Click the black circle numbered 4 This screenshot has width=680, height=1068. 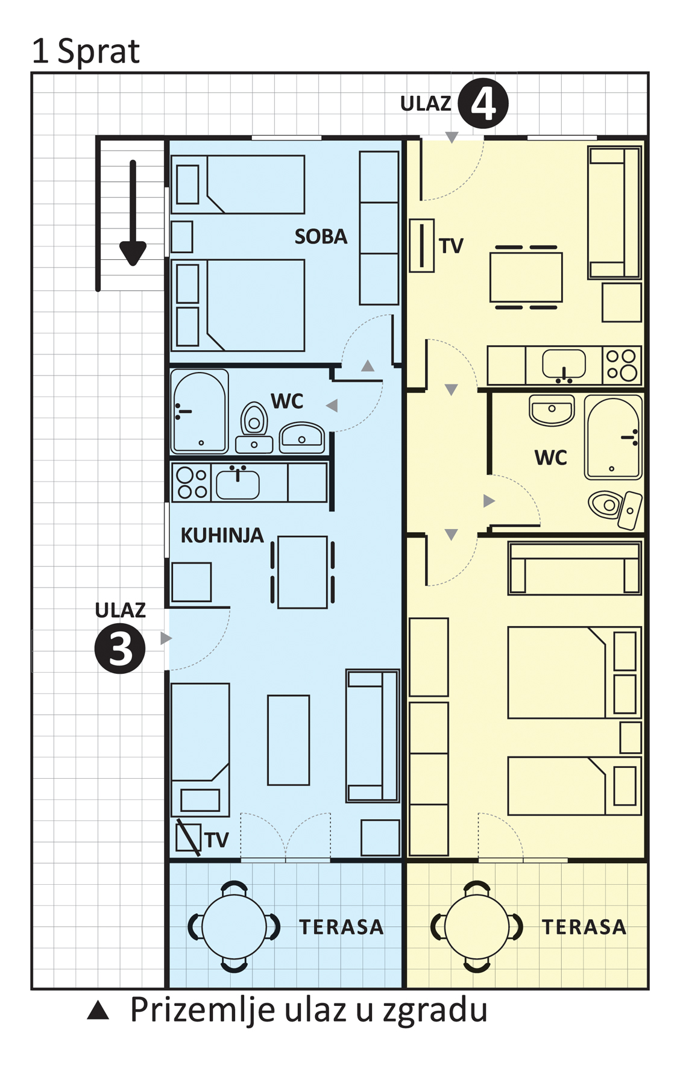click(483, 103)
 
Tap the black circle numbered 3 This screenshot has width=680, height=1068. click(120, 649)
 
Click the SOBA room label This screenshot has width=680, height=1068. click(321, 236)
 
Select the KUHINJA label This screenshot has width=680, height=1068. click(222, 535)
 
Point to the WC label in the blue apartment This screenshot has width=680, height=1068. click(287, 401)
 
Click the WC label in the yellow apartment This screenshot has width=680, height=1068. click(550, 457)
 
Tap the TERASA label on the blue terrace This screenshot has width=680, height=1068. click(341, 927)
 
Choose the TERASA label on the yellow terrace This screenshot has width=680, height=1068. click(584, 927)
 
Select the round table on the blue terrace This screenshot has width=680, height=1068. click(234, 927)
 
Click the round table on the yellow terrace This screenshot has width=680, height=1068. click(477, 927)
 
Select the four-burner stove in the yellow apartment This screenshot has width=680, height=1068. click(621, 365)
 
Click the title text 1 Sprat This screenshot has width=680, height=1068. click(86, 51)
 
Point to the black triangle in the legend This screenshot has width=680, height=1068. click(98, 1010)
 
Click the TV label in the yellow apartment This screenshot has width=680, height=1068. click(451, 246)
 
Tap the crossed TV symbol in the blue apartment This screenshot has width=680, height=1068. click(188, 837)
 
